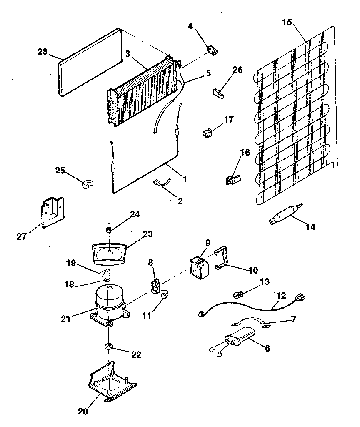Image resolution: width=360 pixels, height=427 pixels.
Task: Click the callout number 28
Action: (42, 51)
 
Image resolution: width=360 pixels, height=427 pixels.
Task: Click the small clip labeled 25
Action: (87, 183)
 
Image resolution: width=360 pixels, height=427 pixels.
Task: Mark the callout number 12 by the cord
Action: (281, 296)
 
